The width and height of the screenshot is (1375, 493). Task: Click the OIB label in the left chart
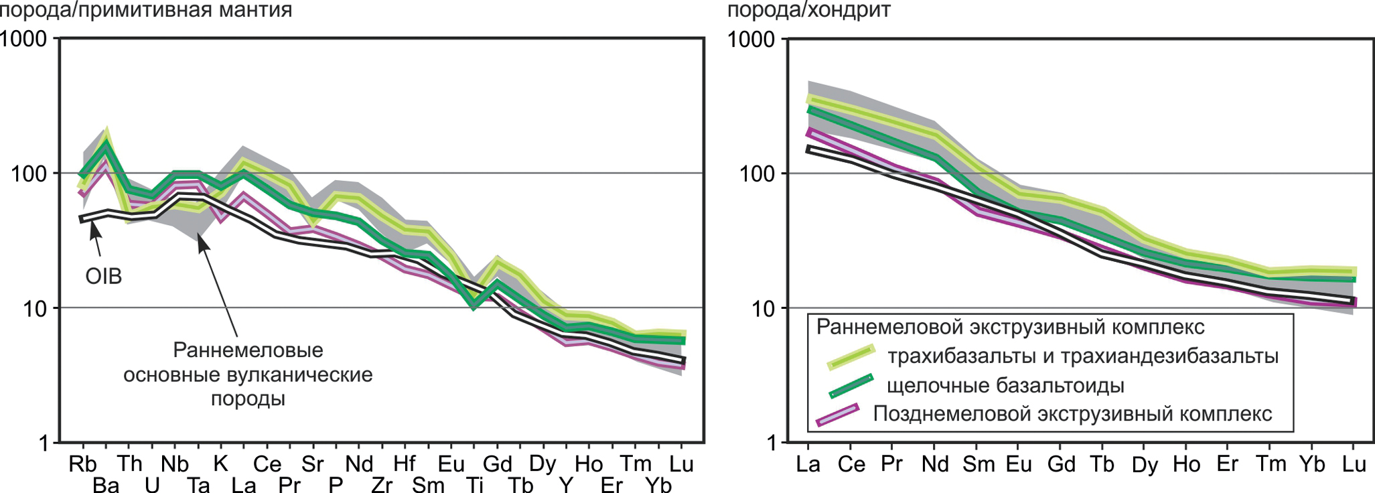[104, 276]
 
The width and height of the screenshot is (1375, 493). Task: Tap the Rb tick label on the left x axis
[82, 464]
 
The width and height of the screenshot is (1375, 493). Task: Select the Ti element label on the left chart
[475, 484]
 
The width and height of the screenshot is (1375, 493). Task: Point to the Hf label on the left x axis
[404, 464]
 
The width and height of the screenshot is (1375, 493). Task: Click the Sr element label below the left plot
[312, 464]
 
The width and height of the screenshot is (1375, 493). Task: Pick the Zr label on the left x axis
[381, 484]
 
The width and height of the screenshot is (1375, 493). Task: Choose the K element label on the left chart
[220, 464]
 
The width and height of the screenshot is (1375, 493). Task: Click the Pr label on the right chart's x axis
[891, 464]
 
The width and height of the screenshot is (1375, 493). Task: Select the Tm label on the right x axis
[1271, 464]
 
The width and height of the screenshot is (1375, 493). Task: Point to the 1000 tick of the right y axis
[751, 39]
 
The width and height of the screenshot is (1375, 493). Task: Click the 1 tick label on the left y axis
[44, 443]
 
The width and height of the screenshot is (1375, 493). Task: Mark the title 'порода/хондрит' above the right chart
[808, 10]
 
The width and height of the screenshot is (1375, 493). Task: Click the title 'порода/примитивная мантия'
[146, 10]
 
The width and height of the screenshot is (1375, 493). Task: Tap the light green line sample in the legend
[851, 357]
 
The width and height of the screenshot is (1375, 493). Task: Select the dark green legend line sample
[851, 386]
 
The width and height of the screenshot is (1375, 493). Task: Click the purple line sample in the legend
[837, 415]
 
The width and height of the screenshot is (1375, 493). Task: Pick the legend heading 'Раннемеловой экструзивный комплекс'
[1010, 327]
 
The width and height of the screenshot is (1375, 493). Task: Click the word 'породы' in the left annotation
[248, 399]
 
